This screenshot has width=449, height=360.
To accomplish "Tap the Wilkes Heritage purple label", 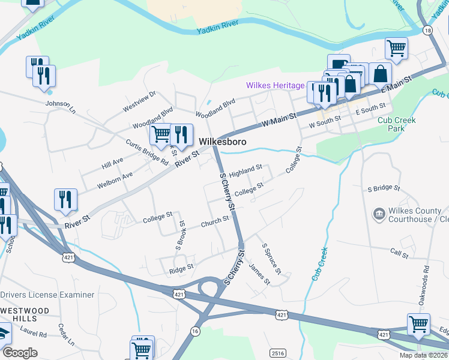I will (x=275, y=86).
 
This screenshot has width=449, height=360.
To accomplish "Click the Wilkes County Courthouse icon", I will (x=379, y=214).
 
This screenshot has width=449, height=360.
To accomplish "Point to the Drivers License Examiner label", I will (x=47, y=295).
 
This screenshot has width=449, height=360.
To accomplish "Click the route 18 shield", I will (x=427, y=29).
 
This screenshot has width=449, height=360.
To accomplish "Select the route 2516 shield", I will (x=278, y=353).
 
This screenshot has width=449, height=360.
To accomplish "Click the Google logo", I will (x=20, y=353).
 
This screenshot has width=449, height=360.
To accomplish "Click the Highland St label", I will (x=246, y=172).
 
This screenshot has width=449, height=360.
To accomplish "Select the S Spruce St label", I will (x=271, y=259).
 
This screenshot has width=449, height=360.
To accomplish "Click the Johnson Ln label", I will (x=60, y=106).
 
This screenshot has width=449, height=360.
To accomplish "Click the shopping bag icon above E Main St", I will (x=380, y=74).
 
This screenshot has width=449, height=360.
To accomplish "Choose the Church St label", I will (x=214, y=221).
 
